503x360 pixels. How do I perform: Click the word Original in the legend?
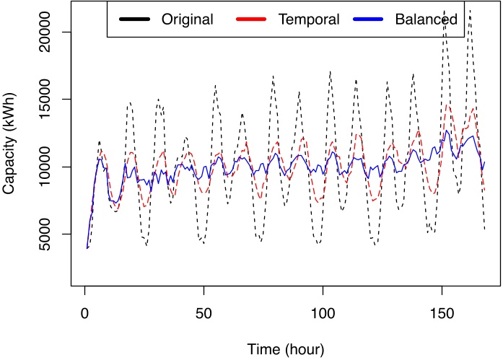coord(187,19)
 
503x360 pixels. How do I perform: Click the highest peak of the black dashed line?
coord(470,10)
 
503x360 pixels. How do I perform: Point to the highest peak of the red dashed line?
coord(447,105)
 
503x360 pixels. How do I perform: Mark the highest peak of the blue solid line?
coord(447,131)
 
